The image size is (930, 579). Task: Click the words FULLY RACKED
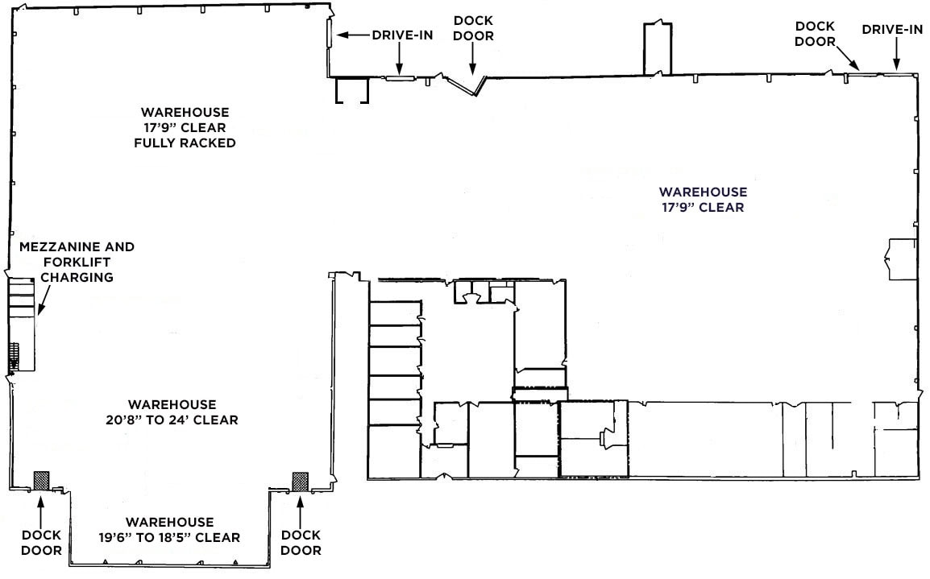pos(185,143)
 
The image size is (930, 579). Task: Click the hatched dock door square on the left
pos(41,480)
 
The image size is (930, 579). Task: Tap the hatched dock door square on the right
pos(301,480)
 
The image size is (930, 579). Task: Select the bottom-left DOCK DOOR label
pos(41,543)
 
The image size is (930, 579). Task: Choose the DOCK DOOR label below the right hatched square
pos(301,543)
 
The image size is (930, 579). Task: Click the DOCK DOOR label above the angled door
pos(474,28)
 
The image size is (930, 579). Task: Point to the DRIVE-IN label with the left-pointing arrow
pos(401,35)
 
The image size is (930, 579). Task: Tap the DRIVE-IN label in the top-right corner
pos(892,30)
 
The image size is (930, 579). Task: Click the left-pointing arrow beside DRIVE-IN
pos(352,35)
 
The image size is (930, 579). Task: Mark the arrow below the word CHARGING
pos(41,301)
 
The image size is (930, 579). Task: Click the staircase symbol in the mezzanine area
pos(13,356)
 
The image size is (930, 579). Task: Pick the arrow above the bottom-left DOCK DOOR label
pos(40,508)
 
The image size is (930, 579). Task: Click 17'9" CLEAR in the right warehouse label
pos(703,207)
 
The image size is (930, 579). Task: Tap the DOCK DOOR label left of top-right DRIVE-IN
pos(815,34)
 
